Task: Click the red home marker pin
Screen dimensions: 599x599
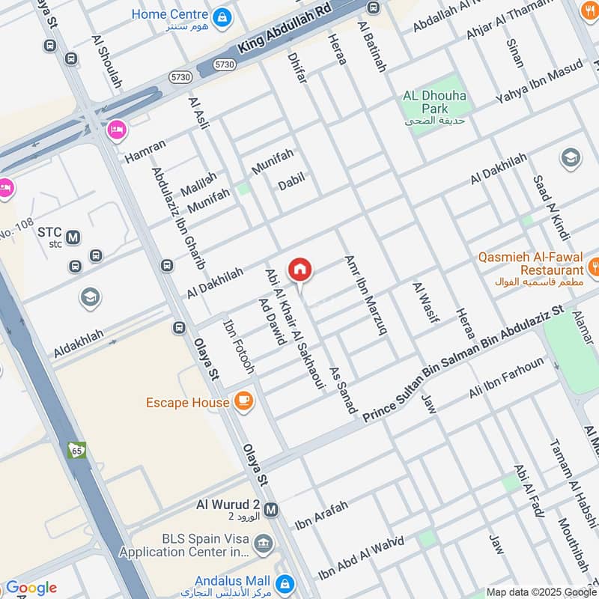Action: click(300, 269)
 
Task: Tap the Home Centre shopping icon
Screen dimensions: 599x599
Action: click(222, 16)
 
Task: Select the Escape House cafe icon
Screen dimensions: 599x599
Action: click(243, 402)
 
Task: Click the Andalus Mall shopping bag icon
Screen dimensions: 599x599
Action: click(284, 583)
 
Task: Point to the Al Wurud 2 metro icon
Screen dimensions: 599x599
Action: click(271, 510)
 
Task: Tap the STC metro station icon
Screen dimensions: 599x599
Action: click(73, 238)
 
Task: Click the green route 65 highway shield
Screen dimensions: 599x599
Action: click(76, 450)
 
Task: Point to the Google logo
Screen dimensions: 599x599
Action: click(31, 588)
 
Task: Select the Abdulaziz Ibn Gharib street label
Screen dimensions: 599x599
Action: click(178, 217)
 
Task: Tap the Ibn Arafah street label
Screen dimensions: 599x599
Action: click(322, 516)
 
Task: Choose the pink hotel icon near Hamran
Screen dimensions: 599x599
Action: click(116, 130)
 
